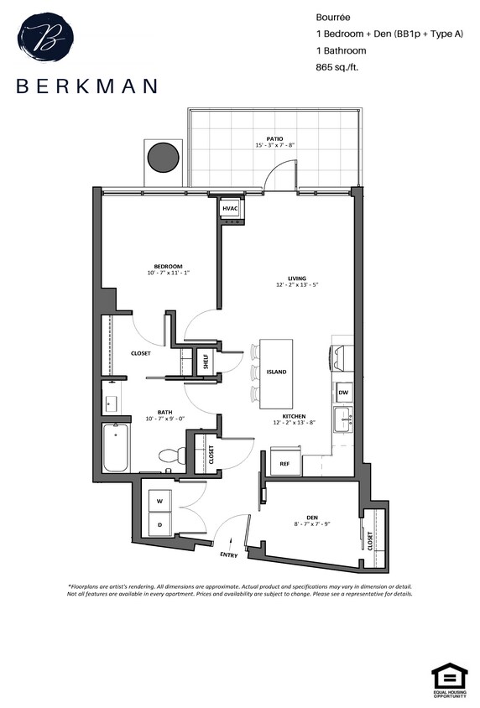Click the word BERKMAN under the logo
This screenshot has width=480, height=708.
(86, 86)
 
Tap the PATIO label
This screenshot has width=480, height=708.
(274, 138)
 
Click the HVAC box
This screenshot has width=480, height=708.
(231, 207)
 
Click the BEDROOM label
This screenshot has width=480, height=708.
(168, 267)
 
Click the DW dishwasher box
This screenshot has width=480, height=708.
(343, 392)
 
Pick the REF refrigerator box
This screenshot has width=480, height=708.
(284, 463)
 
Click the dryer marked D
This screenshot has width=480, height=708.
(160, 524)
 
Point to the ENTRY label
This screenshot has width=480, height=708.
(228, 555)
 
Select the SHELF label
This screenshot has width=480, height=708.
(206, 362)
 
